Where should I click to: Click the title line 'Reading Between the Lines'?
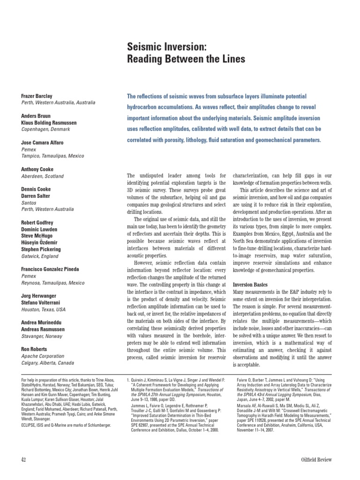pos(186,60)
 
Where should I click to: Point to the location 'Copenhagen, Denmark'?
pos(46,129)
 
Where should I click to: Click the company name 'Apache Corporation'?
pos(44,356)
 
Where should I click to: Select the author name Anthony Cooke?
pos(37,169)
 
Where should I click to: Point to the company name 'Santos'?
pos(29,203)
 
